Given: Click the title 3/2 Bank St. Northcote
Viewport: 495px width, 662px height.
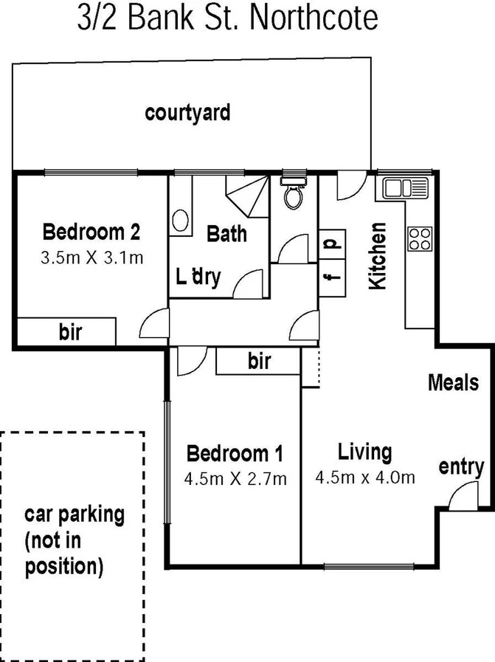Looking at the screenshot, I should tap(228, 19).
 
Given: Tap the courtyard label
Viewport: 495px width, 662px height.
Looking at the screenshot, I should tap(187, 113).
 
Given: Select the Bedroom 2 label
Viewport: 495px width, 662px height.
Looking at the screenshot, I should tap(91, 232).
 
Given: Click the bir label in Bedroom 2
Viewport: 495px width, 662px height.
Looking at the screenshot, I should tap(70, 333).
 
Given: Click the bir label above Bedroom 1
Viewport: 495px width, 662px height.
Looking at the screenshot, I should tap(259, 362).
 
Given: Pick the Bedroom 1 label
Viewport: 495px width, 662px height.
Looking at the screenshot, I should tap(233, 452).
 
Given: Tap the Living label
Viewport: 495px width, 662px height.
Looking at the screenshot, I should tap(364, 451).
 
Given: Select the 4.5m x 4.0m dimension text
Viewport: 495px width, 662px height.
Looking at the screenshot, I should tap(364, 477).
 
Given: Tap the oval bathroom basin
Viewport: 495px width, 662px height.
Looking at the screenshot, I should tap(180, 221).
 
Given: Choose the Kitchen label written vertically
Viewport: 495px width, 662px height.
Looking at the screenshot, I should tap(378, 255).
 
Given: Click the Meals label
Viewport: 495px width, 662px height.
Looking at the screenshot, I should tap(453, 382).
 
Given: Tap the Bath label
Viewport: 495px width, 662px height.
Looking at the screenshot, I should tap(226, 234).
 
